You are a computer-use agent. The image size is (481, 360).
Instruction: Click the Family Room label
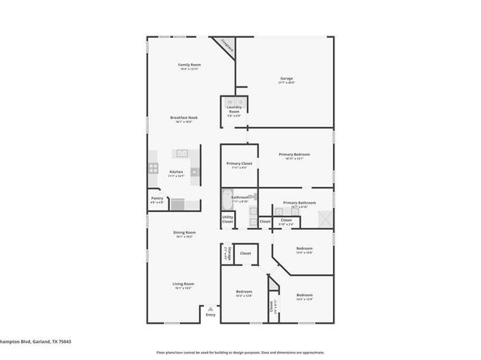[189, 66]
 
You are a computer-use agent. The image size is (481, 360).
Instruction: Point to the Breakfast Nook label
[184, 120]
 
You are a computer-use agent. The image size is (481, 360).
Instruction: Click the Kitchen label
[176, 172]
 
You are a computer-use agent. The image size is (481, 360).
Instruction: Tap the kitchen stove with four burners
[152, 168]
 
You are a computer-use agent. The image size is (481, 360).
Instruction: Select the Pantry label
[157, 200]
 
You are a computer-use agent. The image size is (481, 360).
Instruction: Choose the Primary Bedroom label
[296, 155]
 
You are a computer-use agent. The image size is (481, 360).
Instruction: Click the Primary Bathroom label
[299, 204]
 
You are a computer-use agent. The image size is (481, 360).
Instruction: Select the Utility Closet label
[228, 219]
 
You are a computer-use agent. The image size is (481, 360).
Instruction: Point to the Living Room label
[183, 285]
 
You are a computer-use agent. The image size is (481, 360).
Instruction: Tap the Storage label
[226, 255]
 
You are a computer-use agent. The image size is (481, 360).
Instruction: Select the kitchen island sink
[182, 153]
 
